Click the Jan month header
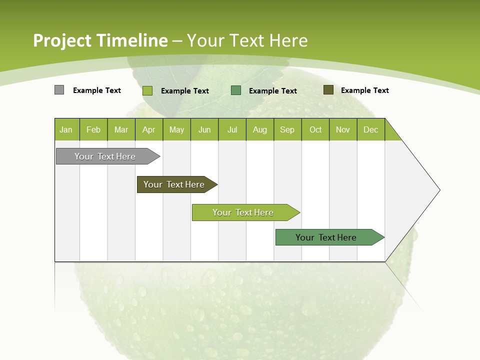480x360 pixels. coord(66,129)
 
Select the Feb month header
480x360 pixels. coord(93,129)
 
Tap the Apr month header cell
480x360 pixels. coord(149,129)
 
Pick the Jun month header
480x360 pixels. coord(204,129)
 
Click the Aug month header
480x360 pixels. coord(260,129)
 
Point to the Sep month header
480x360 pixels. coord(287,129)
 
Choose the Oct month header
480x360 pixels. coord(315,129)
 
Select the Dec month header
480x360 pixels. coord(371,129)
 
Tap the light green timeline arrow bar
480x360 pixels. coord(243,212)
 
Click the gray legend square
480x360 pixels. coord(59,90)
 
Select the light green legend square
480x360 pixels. coord(147,90)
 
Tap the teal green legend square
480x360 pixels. coord(236,90)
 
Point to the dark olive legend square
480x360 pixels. coord(328,90)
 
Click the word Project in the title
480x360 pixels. coord(62,40)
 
